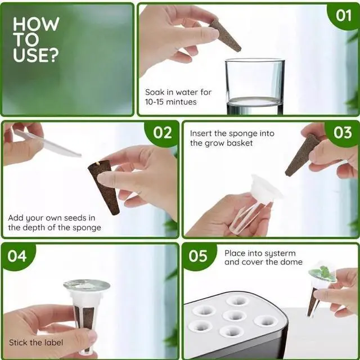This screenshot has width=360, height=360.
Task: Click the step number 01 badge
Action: coord(344,16)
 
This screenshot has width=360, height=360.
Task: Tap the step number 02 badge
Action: coord(162,133)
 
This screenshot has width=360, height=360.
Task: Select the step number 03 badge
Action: coord(343,133)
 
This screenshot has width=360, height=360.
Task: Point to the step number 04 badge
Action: coord(17,256)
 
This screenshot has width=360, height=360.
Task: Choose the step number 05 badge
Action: coord(198,256)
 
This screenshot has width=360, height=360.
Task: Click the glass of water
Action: coord(255,87)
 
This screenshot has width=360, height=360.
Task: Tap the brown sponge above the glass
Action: coord(225,35)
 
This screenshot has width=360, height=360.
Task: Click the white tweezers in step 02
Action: coord(47,143)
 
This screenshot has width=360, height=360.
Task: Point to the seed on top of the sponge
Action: coord(98,164)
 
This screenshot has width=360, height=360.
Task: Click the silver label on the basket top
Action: coord(87,285)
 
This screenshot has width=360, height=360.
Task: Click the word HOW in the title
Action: coord(36,24)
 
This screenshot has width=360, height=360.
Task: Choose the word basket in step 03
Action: coord(240,143)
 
